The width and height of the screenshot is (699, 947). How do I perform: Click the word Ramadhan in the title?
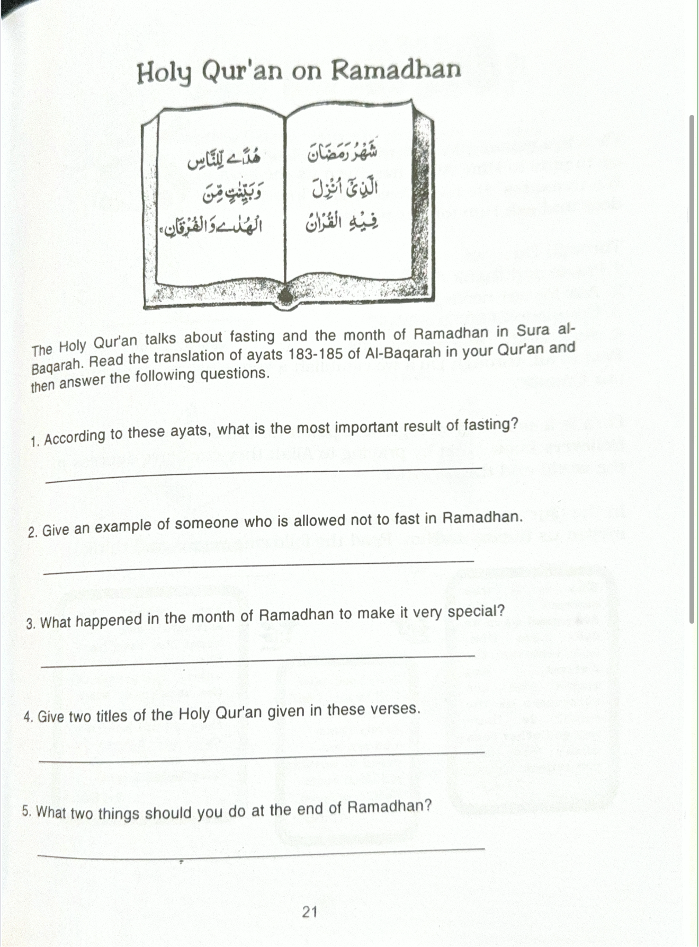tap(396, 70)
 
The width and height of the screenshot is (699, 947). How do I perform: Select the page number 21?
tap(310, 911)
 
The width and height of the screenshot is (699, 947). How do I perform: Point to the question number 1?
tap(34, 441)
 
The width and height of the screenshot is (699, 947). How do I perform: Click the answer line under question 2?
tap(259, 567)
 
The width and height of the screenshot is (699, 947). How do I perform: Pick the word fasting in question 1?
tap(488, 424)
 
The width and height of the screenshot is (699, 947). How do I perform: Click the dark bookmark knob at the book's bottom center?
tap(286, 295)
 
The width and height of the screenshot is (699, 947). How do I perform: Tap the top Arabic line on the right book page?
tap(343, 153)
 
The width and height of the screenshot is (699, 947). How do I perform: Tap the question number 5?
tap(27, 811)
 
